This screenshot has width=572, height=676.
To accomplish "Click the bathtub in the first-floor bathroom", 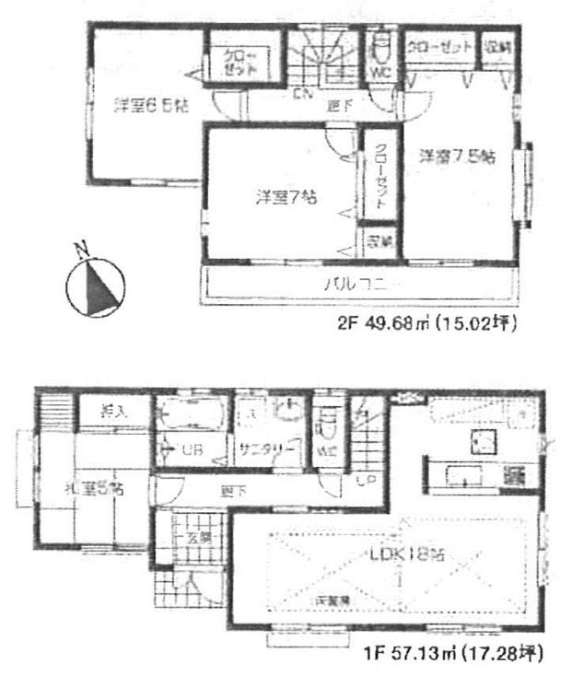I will point(190,414).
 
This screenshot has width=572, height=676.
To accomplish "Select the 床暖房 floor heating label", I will point(330,600).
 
